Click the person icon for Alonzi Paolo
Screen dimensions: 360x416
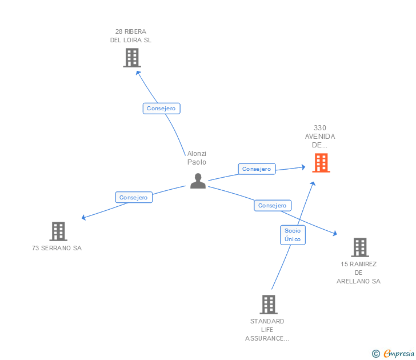pyautogui.click(x=198, y=181)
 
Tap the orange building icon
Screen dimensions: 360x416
pyautogui.click(x=321, y=163)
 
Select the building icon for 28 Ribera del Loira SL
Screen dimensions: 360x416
pyautogui.click(x=131, y=58)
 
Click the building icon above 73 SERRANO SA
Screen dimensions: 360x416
pyautogui.click(x=58, y=231)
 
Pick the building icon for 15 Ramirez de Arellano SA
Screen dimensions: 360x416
pyautogui.click(x=359, y=247)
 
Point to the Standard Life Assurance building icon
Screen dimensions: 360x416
pyautogui.click(x=268, y=305)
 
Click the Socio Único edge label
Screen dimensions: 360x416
pyautogui.click(x=293, y=235)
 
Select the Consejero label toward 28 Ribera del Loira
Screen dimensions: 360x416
pyautogui.click(x=162, y=108)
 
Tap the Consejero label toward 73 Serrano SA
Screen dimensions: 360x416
pyautogui.click(x=133, y=197)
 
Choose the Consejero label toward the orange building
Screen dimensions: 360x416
pyautogui.click(x=257, y=169)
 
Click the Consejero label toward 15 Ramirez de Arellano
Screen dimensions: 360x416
pyautogui.click(x=272, y=205)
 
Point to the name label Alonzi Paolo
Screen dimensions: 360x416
pyautogui.click(x=197, y=158)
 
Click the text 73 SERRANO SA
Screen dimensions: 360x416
pyautogui.click(x=57, y=248)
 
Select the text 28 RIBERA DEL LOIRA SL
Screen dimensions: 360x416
pyautogui.click(x=131, y=35)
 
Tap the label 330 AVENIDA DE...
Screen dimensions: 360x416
pyautogui.click(x=320, y=137)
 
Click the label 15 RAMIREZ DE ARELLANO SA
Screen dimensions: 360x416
pyautogui.click(x=358, y=273)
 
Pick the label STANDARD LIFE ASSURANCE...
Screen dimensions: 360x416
pyautogui.click(x=267, y=330)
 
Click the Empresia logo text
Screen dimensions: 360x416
pyautogui.click(x=398, y=354)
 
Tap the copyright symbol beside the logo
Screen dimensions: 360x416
pyautogui.click(x=375, y=354)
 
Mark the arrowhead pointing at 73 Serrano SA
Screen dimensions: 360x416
pyautogui.click(x=83, y=218)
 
